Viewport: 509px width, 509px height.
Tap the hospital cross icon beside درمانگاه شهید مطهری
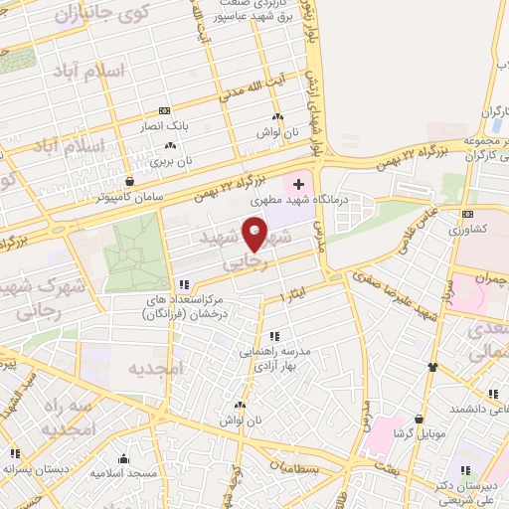pos(298,185)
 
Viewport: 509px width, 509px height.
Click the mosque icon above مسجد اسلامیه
pos(123,458)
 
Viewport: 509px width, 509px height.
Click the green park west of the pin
pos(135,249)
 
